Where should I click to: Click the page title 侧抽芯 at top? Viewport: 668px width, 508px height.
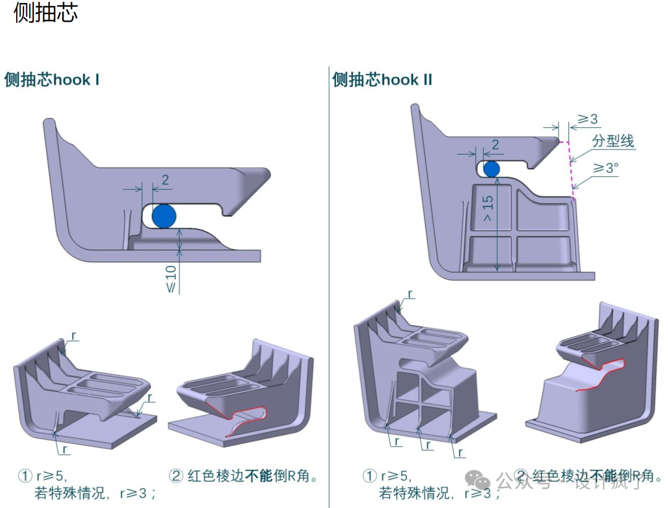coord(46,13)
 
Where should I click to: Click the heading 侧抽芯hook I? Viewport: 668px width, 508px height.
coord(51,80)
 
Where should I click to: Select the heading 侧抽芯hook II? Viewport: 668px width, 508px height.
coord(382,80)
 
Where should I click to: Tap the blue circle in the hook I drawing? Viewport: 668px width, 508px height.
coord(164,216)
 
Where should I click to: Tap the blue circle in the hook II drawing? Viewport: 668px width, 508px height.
coord(492,169)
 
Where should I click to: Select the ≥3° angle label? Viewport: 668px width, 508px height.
coord(606,167)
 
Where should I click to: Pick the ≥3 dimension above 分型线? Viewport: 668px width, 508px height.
coord(588,119)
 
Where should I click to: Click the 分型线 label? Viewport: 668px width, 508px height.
coord(613,141)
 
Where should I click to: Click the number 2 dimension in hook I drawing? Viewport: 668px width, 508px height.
coord(165,180)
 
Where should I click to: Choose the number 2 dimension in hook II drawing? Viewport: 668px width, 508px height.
coord(495,145)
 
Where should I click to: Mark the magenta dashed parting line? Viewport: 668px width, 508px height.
coord(568,170)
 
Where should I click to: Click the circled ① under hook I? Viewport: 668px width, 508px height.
coord(25,476)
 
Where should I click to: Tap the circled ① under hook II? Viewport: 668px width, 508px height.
coord(369,476)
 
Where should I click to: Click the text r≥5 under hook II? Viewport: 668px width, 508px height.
coord(396,476)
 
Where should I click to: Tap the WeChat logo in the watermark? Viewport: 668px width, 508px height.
coord(478,480)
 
